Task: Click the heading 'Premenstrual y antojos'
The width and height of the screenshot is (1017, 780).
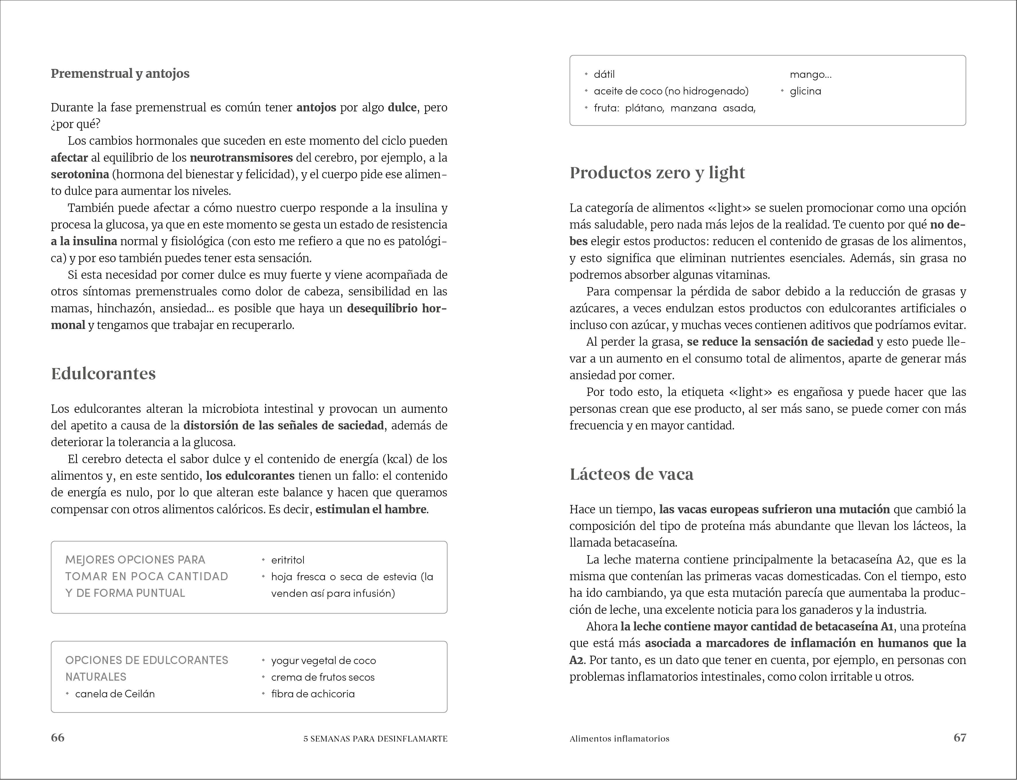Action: click(120, 73)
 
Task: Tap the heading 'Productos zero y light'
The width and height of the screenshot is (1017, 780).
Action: click(657, 173)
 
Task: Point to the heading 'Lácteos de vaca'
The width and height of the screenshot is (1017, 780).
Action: click(631, 474)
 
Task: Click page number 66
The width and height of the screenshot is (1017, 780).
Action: click(58, 737)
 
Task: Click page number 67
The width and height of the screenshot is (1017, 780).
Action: click(959, 737)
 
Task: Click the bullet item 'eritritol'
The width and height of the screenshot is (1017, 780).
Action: click(288, 560)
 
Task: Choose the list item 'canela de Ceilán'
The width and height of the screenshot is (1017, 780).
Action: click(115, 694)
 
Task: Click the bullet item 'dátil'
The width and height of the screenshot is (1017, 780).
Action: click(604, 74)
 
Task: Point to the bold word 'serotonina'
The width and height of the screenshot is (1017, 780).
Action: click(80, 175)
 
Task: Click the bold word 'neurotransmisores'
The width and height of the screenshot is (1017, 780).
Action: click(241, 158)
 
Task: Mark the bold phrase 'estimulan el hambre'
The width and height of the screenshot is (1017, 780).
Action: click(370, 509)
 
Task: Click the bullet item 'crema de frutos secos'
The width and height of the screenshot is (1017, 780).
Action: click(323, 677)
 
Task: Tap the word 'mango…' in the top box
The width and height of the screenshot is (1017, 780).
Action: click(810, 74)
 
